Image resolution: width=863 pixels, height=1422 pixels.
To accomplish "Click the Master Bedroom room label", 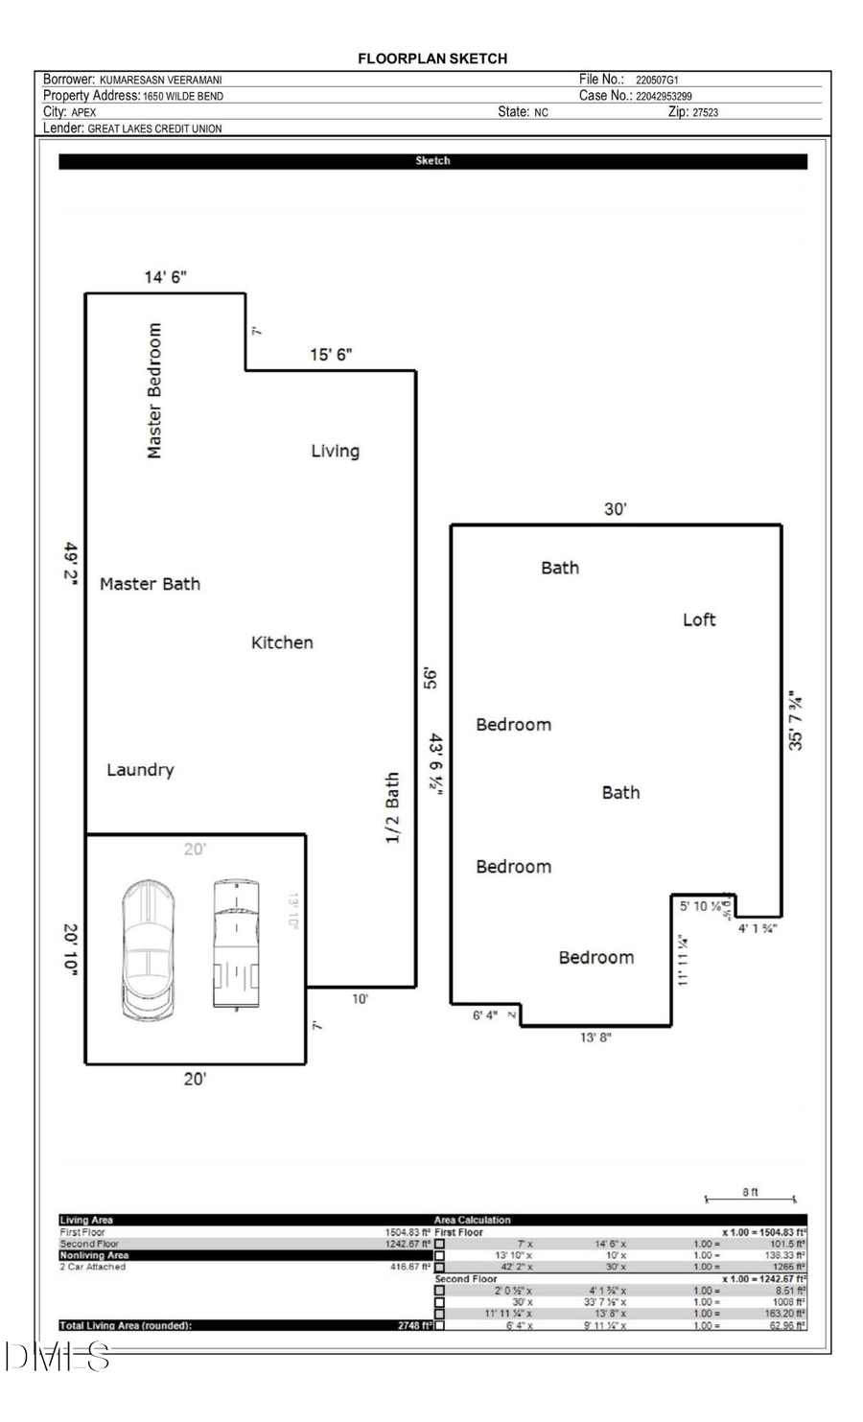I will point(154,390).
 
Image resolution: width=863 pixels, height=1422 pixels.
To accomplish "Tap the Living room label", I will point(335,451).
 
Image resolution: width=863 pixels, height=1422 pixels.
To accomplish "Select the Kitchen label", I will point(282,642).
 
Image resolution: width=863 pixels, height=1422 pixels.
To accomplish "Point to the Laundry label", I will point(140,770).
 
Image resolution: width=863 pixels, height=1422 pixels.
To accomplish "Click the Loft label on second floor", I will point(699,619).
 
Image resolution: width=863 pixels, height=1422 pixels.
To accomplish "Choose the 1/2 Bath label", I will point(392,808).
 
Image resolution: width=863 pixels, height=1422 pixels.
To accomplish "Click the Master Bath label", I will point(150,584).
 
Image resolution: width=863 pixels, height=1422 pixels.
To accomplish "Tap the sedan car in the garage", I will point(149,948).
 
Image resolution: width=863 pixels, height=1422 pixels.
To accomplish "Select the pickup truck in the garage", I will point(236,944).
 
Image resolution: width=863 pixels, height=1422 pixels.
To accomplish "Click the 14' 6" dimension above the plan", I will point(165,277).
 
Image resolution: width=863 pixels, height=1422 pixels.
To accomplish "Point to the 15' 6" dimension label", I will point(331,355).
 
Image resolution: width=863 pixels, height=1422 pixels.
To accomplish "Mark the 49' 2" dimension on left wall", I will point(71,566).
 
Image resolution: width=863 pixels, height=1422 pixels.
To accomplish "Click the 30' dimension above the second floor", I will point(615,509).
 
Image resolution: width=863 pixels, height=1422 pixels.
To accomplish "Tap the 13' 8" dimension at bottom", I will point(595,1037).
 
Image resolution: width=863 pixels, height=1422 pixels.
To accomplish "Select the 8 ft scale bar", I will point(750,1198).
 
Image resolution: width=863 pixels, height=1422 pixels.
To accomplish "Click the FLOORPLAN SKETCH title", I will point(432,58).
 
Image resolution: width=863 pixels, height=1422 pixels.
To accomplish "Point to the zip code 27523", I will point(705,112).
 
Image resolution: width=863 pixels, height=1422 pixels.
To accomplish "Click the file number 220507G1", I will point(657,81).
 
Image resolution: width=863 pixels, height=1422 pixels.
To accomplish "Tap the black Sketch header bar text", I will point(432,161).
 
